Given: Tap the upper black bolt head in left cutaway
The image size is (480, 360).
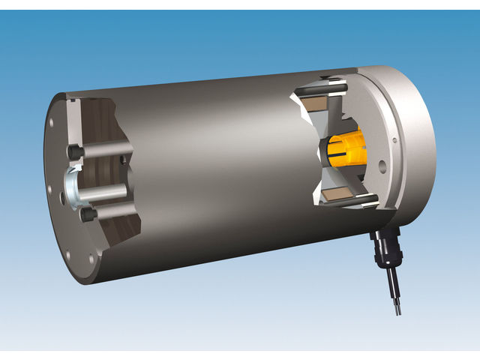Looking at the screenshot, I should (75, 151).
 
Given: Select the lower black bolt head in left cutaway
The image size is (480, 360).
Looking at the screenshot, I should (88, 216).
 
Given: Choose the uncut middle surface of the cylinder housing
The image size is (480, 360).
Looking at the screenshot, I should (217, 172).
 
